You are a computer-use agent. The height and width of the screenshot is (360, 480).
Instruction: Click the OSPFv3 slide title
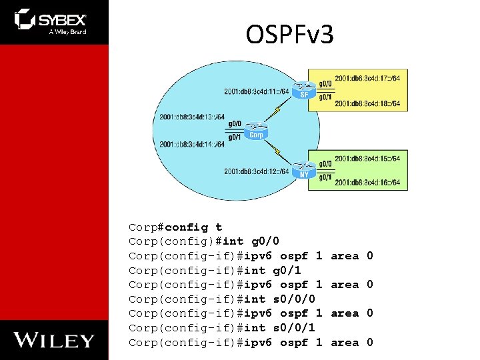tap(289, 35)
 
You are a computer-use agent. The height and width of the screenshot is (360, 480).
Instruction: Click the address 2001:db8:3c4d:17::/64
tap(367, 79)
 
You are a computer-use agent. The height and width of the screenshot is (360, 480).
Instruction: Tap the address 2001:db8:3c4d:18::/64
tap(367, 103)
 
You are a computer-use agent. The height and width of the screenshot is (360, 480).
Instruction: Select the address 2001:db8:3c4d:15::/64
tap(367, 159)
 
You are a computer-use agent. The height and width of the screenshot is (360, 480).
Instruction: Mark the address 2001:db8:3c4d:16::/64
tap(367, 183)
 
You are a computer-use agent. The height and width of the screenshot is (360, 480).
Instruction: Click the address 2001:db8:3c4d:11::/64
tap(257, 91)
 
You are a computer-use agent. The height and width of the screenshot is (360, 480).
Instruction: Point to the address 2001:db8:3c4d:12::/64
tap(257, 171)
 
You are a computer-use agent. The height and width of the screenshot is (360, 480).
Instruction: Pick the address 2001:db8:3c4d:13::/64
tap(192, 117)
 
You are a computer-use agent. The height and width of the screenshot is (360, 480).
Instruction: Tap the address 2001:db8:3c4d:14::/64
tap(192, 144)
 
